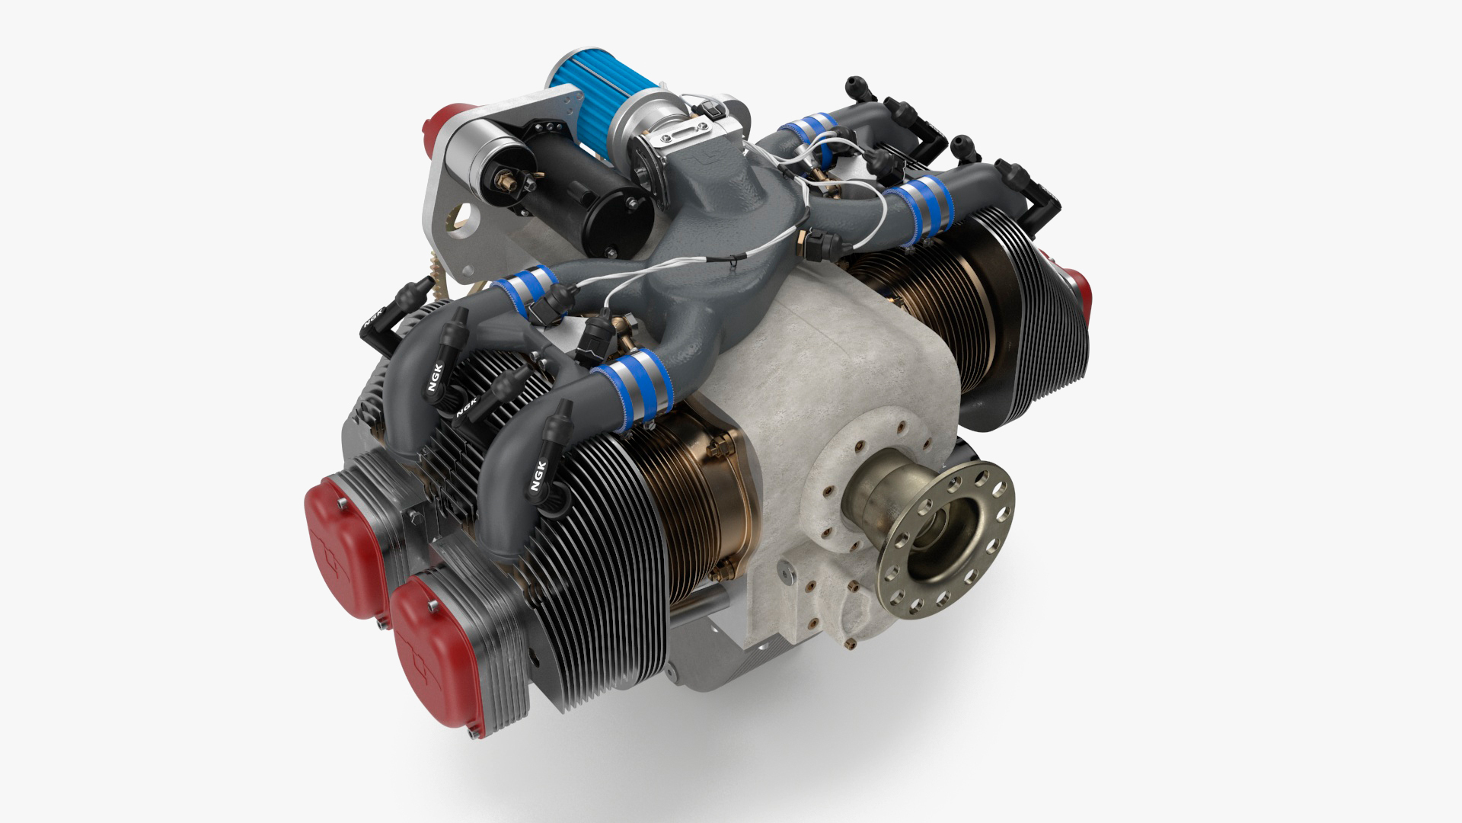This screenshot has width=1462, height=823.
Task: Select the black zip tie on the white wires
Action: [x=733, y=261]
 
